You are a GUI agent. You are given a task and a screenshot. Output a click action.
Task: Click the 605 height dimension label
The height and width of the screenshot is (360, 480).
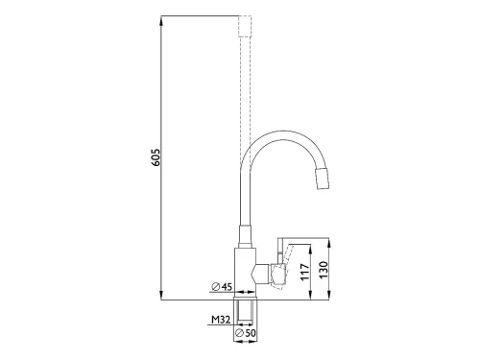(156, 156)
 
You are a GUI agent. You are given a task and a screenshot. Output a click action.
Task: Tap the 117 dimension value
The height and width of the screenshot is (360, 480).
(305, 273)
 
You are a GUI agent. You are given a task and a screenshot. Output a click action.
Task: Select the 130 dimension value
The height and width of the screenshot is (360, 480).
(324, 271)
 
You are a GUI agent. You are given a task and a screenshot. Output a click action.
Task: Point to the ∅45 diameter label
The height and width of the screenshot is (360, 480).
(222, 286)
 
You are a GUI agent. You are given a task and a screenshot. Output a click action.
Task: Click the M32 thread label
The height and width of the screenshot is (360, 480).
(221, 319)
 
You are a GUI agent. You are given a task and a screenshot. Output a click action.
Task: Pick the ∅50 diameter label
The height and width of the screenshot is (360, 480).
(246, 333)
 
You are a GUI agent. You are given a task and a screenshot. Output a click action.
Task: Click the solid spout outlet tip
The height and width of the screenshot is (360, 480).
(323, 179)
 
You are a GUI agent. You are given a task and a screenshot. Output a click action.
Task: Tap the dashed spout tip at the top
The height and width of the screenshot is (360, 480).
(246, 26)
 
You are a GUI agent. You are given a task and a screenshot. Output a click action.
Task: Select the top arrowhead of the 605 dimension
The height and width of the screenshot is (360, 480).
(162, 20)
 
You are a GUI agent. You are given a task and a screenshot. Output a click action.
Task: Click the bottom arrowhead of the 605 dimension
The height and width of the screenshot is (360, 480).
(162, 296)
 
